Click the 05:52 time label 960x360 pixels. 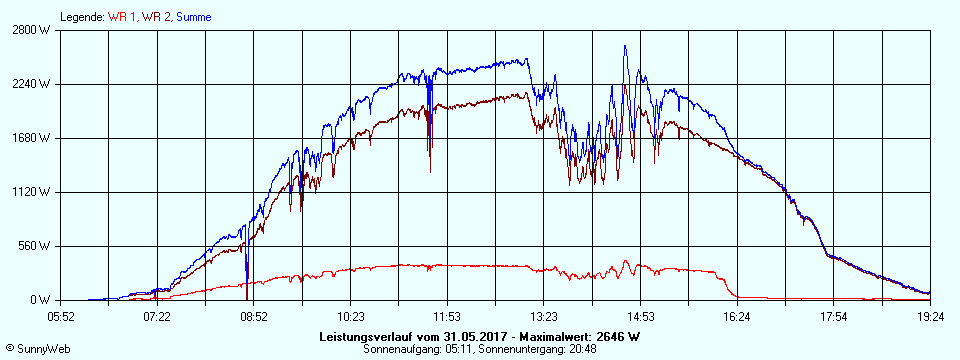pyautogui.click(x=61, y=316)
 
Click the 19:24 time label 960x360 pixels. pyautogui.click(x=930, y=316)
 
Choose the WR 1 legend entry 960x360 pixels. pyautogui.click(x=123, y=17)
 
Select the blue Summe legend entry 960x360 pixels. pyautogui.click(x=193, y=17)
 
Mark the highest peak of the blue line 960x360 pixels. pyautogui.click(x=625, y=45)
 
